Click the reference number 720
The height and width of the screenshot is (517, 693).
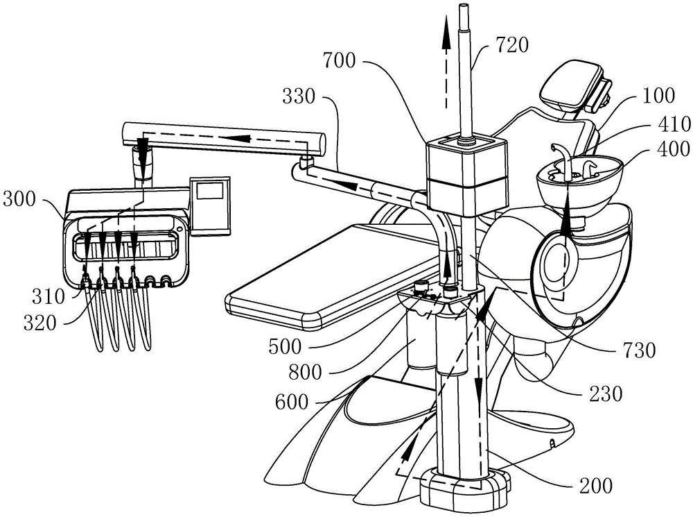513,47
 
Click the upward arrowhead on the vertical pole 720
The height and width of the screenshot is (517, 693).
444,38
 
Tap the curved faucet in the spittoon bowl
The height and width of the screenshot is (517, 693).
560,156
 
